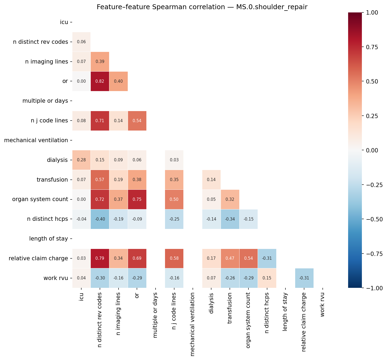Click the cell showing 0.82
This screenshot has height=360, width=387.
(x=100, y=81)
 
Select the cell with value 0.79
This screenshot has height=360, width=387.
(x=100, y=258)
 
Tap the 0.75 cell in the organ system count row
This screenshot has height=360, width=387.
(x=137, y=199)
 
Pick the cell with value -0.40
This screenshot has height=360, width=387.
(x=100, y=219)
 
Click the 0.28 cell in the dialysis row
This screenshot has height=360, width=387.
(x=81, y=160)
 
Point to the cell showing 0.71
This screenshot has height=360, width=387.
(x=100, y=121)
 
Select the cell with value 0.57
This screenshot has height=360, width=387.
(x=100, y=180)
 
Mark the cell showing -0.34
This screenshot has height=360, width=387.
(x=230, y=219)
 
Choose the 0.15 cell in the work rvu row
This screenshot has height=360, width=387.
(x=267, y=278)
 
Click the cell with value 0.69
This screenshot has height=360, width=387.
(x=137, y=258)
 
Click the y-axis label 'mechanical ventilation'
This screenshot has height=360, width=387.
(x=36, y=140)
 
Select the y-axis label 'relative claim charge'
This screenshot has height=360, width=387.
(x=38, y=258)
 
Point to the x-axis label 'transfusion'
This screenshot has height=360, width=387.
(x=230, y=308)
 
